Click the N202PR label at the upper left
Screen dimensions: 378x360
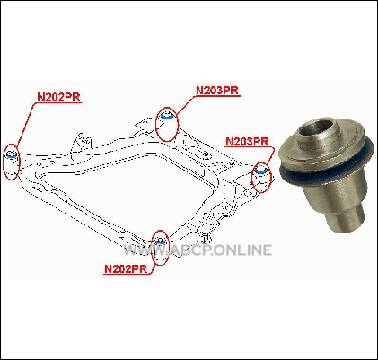pyautogui.click(x=59, y=97)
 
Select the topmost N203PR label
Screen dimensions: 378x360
pyautogui.click(x=218, y=90)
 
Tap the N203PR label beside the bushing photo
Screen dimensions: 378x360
pyautogui.click(x=247, y=141)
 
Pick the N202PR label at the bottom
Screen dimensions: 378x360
pyautogui.click(x=126, y=269)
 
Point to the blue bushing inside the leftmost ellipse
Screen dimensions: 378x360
pyautogui.click(x=12, y=156)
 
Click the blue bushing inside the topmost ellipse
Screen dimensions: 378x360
pyautogui.click(x=167, y=118)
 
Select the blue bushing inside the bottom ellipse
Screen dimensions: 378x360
pyautogui.click(x=160, y=242)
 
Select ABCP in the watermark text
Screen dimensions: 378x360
pyautogui.click(x=190, y=250)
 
